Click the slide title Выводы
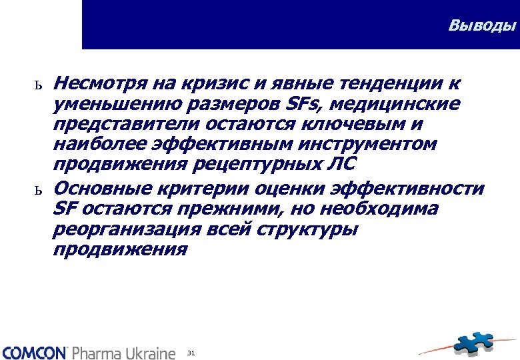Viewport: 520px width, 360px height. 482,26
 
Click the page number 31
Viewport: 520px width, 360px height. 191,352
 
